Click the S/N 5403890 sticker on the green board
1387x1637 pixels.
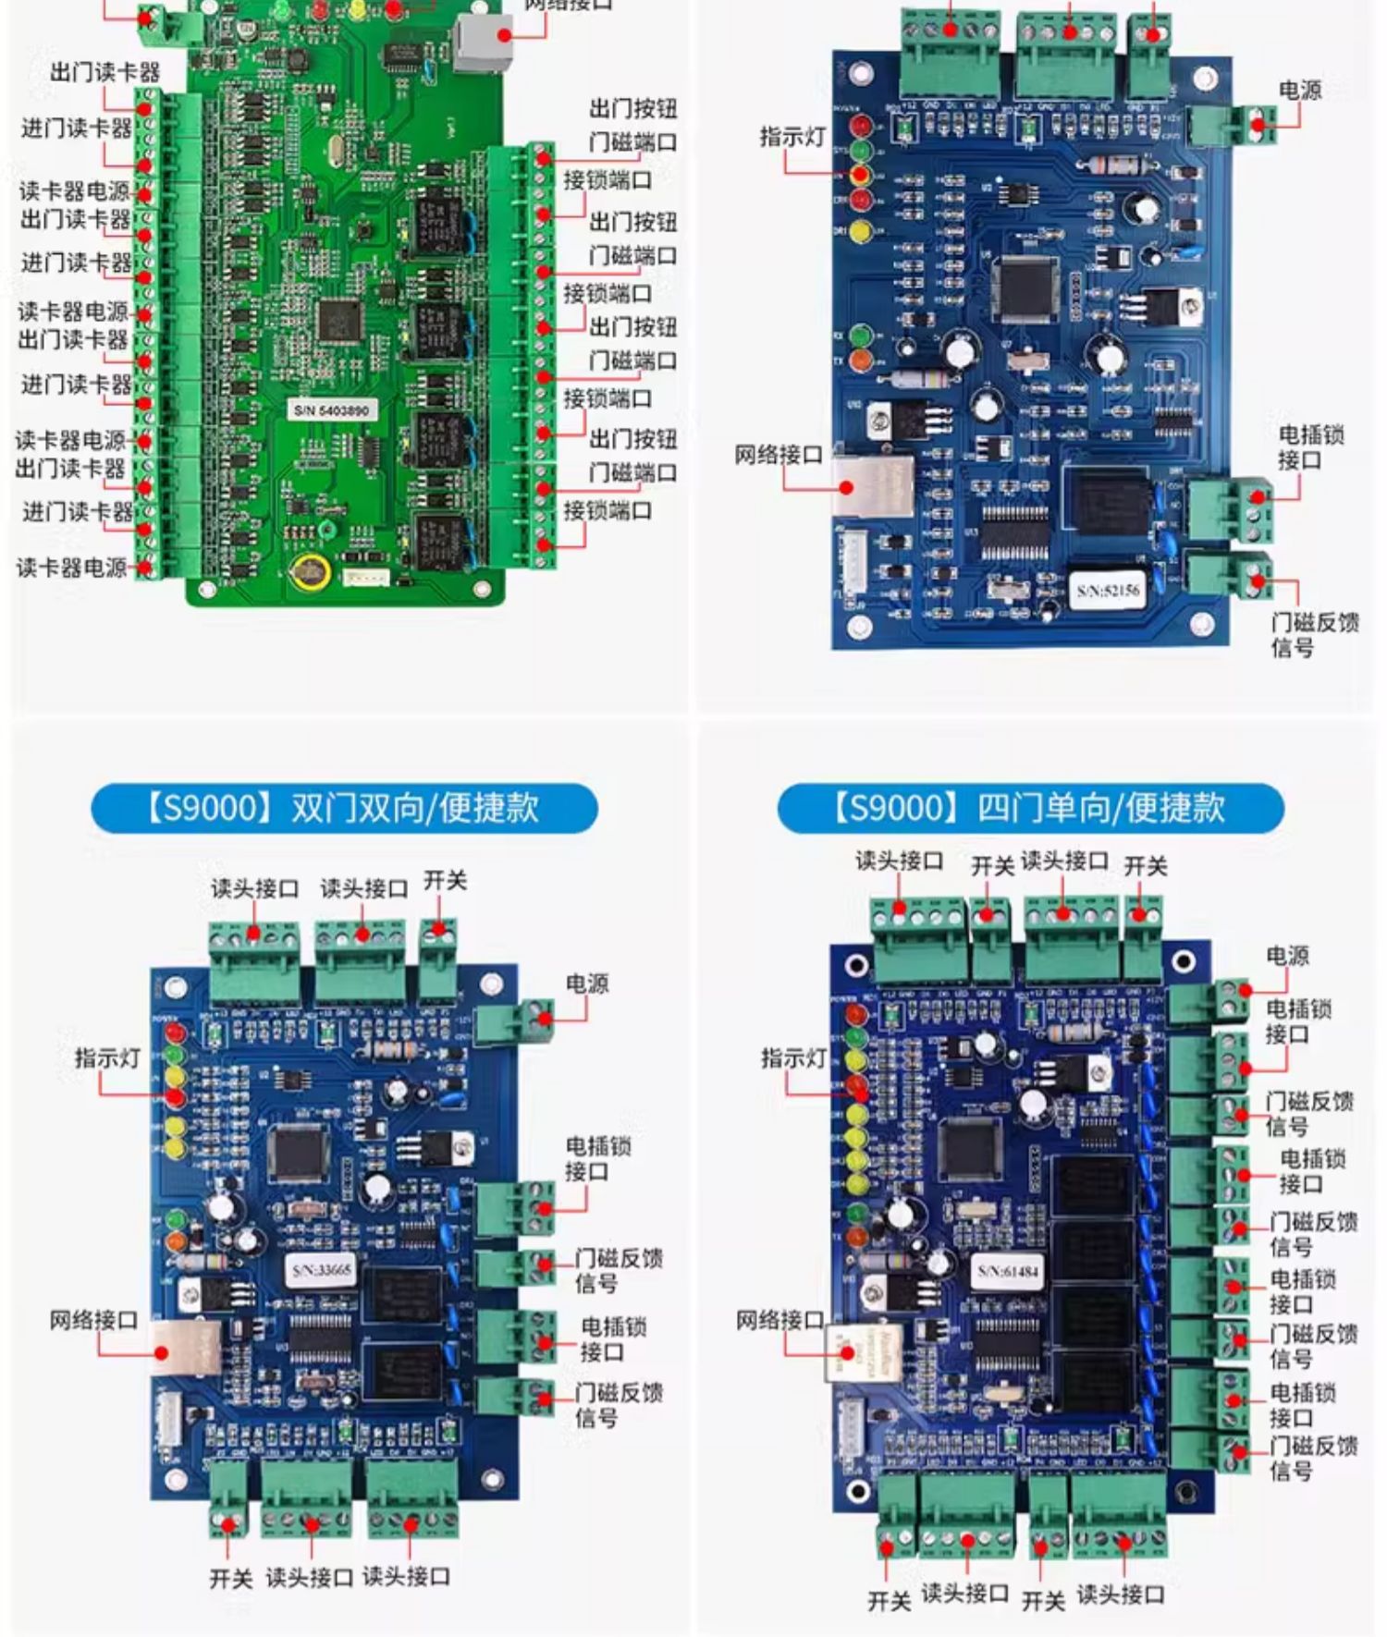(332, 409)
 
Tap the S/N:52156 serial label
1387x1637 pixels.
(1108, 590)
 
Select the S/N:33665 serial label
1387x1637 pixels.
(322, 1270)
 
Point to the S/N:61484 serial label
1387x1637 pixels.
(1008, 1272)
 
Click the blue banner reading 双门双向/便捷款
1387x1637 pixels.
(344, 808)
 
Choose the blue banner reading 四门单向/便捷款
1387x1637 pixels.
(1030, 808)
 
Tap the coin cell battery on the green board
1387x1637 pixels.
(309, 572)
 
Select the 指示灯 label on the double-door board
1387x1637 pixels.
(107, 1058)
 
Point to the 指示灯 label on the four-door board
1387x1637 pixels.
(792, 1058)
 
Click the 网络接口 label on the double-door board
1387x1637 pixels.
(93, 1320)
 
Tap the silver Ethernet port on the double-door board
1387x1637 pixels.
(185, 1350)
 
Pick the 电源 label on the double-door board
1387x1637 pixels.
(587, 983)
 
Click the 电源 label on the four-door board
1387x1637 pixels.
(1287, 956)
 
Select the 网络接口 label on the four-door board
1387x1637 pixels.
(779, 1320)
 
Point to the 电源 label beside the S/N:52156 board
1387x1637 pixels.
(1300, 90)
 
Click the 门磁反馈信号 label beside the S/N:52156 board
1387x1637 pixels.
(1315, 634)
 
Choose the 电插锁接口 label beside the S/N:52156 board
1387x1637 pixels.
(1311, 446)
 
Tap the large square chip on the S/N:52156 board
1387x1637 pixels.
(1025, 287)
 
